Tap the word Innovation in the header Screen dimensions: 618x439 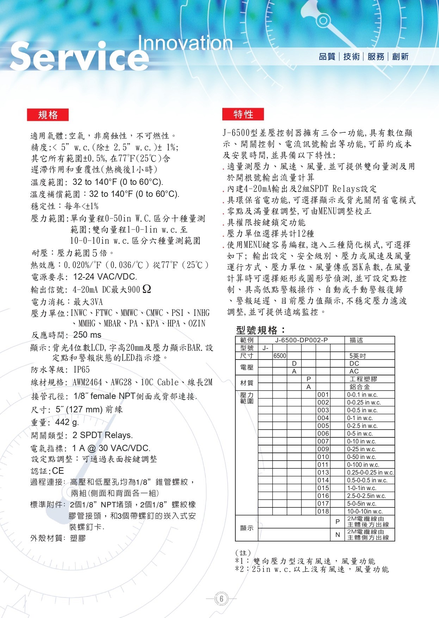click(185, 43)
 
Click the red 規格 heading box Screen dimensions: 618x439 click(48, 115)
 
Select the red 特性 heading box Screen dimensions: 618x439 click(243, 114)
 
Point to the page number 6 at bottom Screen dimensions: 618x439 click(222, 599)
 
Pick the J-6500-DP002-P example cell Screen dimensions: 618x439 click(301, 340)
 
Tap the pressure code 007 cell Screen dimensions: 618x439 click(323, 441)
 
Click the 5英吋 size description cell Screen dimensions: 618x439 click(358, 356)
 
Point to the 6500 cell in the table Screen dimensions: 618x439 click(280, 356)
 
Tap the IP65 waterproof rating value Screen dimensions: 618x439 click(82, 369)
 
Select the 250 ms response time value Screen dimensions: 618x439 click(87, 335)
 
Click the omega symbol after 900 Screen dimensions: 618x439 click(147, 289)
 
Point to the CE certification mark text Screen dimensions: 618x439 click(58, 471)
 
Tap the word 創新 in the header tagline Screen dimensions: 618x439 click(400, 56)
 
